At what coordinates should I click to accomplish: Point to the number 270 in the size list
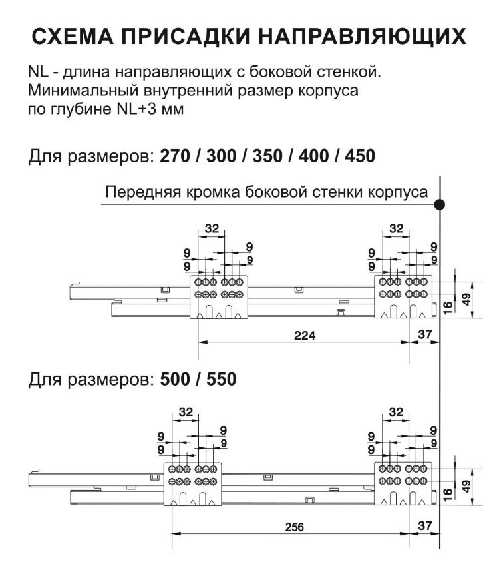[174, 158]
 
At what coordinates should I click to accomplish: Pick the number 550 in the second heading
[218, 380]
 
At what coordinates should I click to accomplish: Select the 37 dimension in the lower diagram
[423, 525]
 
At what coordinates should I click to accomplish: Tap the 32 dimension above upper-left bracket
[212, 228]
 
